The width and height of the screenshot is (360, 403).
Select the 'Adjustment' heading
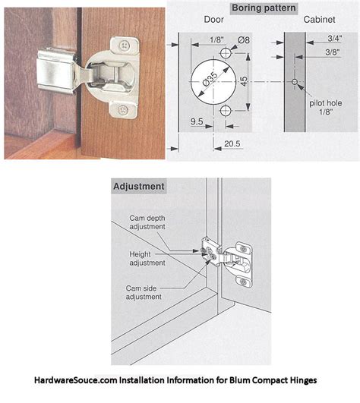[x=139, y=186]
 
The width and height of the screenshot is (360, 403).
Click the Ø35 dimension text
[x=210, y=78]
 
